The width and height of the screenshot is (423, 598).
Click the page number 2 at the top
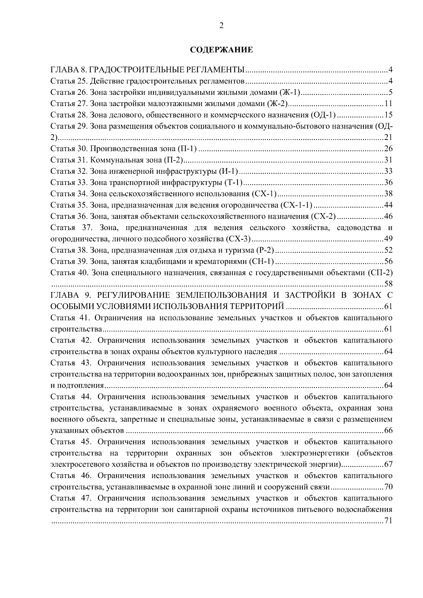click(221, 25)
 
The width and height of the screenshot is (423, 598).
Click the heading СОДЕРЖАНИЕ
click(221, 50)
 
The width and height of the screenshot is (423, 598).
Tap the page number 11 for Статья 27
click(388, 104)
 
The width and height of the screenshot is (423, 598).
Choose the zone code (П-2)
click(174, 160)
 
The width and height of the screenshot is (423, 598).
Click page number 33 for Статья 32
click(388, 172)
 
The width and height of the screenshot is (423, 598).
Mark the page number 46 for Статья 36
click(388, 217)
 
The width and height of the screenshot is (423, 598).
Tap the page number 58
click(388, 284)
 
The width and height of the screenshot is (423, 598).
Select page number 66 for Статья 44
click(388, 431)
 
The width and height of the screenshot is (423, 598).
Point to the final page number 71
click(388, 521)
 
